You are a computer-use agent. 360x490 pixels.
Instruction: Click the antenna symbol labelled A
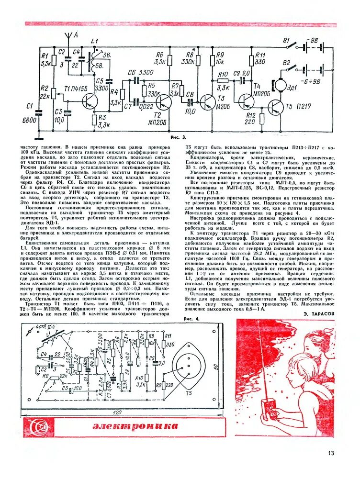[69, 37]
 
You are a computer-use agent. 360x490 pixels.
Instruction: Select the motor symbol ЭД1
[278, 85]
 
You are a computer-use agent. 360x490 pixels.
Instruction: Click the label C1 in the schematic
[30, 106]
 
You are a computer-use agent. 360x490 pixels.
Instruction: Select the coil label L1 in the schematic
[95, 41]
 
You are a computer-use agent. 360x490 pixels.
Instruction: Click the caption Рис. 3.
[178, 138]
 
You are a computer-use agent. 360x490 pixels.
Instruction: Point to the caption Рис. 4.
[191, 319]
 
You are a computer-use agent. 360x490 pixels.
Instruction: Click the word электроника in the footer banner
[135, 426]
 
